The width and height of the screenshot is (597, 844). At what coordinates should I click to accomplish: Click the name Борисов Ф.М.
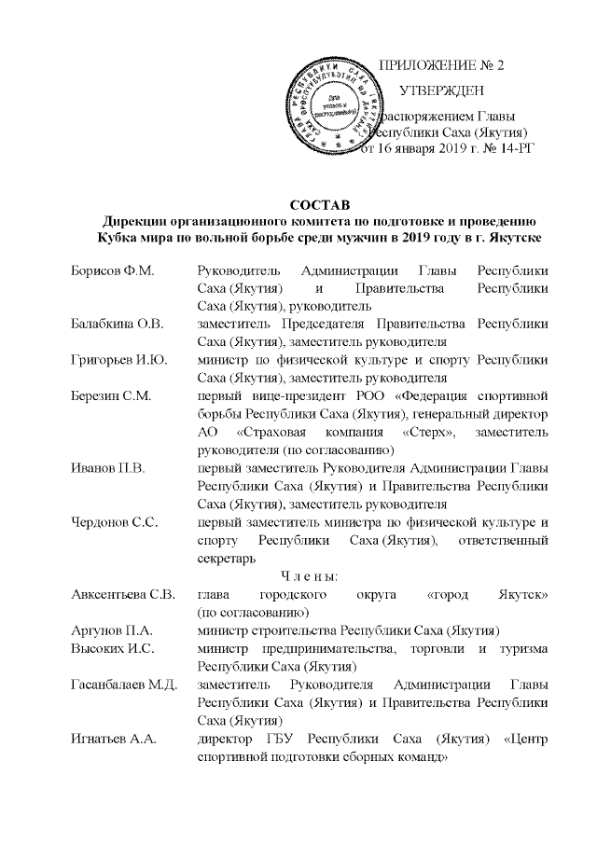[112, 270]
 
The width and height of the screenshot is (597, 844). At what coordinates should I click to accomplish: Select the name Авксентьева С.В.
[123, 594]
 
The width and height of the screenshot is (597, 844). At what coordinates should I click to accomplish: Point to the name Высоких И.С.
[113, 647]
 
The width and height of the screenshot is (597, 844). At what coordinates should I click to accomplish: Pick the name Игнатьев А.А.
[114, 738]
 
